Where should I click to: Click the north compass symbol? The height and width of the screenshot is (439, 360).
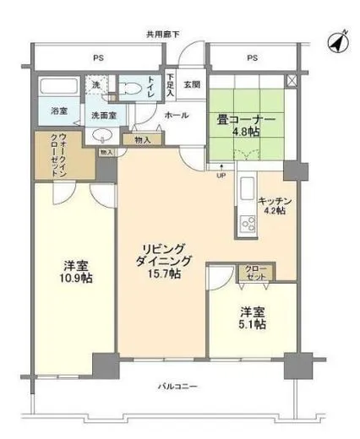[336, 39]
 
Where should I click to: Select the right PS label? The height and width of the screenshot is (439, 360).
[252, 57]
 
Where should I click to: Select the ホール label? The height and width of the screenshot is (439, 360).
[177, 115]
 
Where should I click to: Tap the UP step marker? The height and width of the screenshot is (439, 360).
[221, 176]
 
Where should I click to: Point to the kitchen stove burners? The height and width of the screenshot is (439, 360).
[248, 224]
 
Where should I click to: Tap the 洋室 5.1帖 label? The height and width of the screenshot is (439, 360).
[253, 317]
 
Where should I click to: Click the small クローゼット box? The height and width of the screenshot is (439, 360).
[254, 272]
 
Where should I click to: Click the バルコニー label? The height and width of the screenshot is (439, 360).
[177, 387]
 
